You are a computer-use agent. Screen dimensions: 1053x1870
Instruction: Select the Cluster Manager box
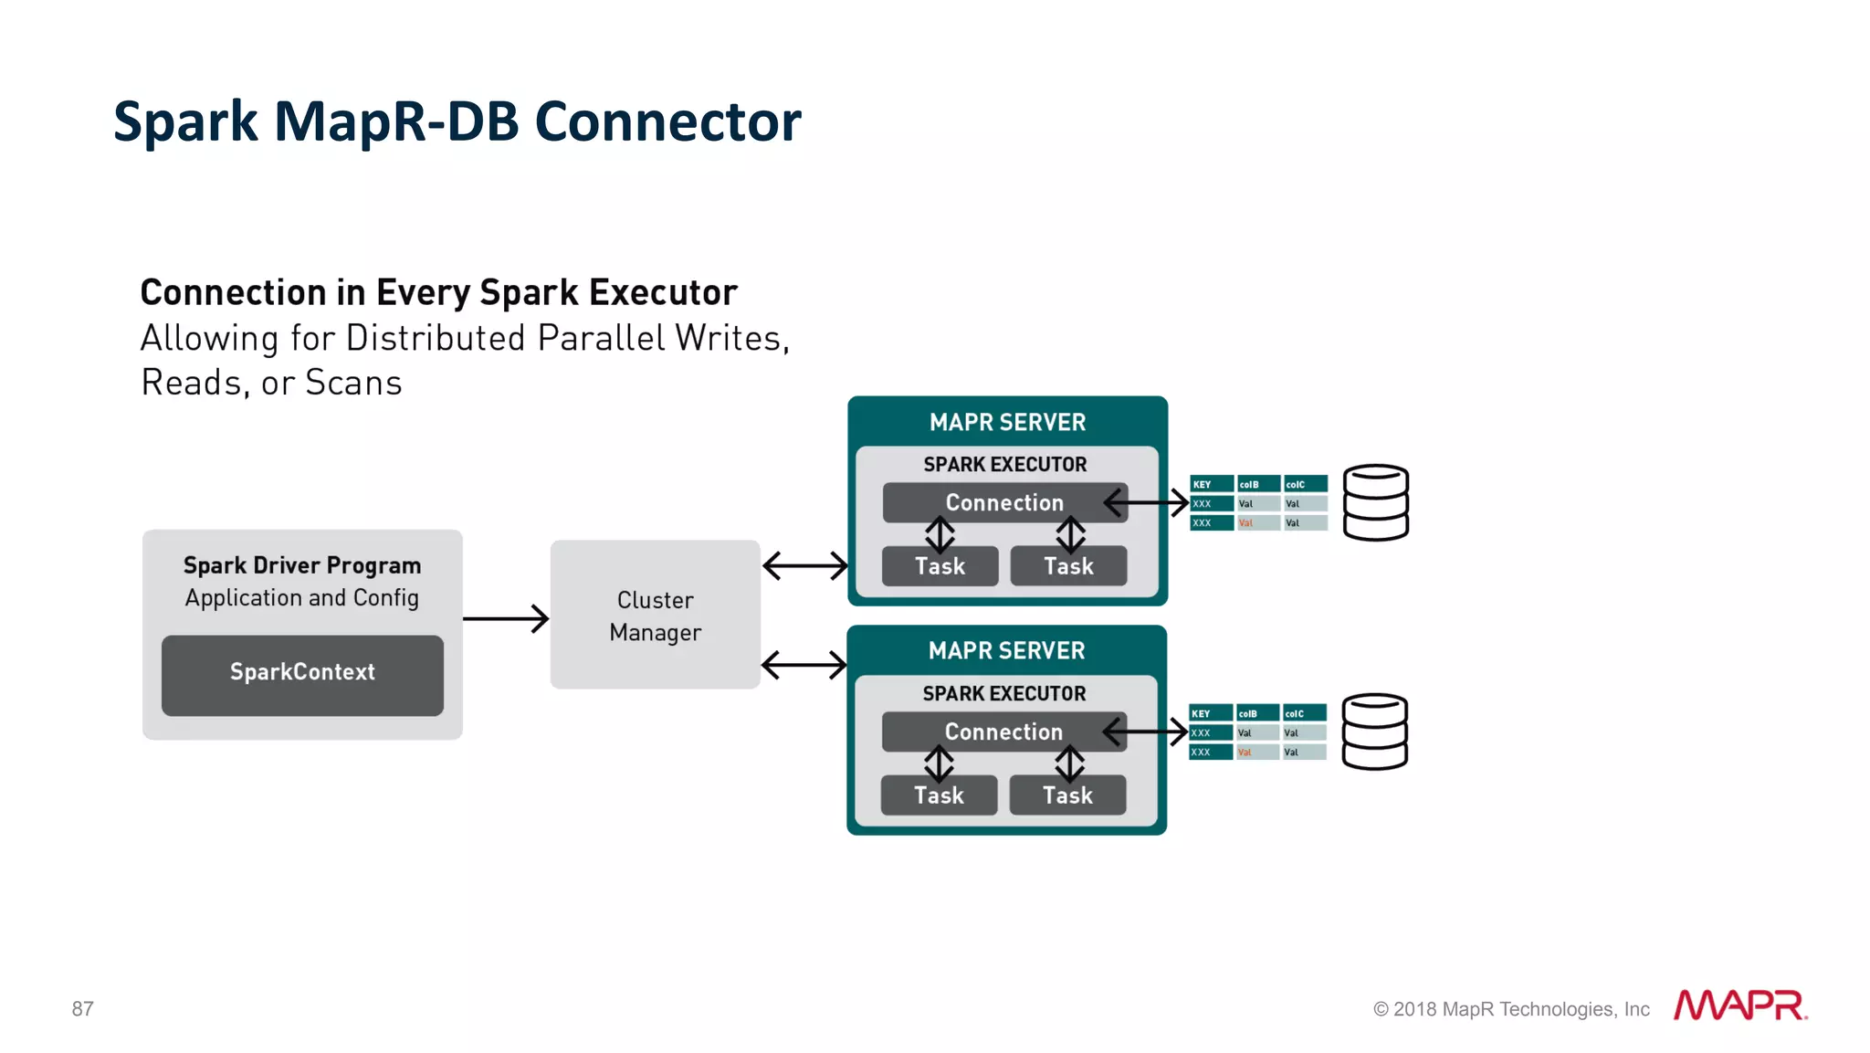(x=655, y=615)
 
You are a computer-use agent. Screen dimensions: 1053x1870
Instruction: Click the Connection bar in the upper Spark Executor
(x=1004, y=502)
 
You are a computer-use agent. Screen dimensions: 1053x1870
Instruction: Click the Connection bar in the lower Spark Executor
(x=1003, y=732)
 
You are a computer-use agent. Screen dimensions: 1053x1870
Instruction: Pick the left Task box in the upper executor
(x=940, y=566)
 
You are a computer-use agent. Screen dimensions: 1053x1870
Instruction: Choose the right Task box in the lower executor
(x=1067, y=795)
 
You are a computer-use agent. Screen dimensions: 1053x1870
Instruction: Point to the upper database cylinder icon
(x=1376, y=502)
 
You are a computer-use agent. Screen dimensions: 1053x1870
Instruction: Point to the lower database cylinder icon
(x=1374, y=732)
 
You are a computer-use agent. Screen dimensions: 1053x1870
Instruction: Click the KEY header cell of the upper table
(x=1211, y=484)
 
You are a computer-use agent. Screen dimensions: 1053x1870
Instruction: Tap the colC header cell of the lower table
(x=1304, y=713)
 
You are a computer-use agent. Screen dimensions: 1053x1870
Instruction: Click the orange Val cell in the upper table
(x=1257, y=523)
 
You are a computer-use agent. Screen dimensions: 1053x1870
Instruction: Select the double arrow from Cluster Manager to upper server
(x=804, y=565)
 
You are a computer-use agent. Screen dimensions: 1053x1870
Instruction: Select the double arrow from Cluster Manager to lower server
(x=804, y=664)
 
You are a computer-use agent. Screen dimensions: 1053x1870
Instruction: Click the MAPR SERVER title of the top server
(x=1007, y=422)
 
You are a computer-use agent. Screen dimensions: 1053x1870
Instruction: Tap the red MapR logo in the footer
(x=1739, y=1006)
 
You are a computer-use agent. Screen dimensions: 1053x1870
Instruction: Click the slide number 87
(x=82, y=1008)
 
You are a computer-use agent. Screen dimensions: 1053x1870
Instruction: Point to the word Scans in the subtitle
(x=353, y=383)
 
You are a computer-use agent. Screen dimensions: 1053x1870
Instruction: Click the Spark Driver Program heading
(x=302, y=565)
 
